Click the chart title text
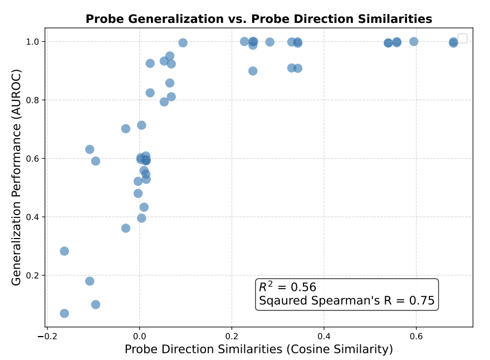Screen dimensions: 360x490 [258, 19]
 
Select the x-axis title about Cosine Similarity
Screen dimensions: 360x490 [258, 349]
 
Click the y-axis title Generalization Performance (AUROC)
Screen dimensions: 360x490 [17, 177]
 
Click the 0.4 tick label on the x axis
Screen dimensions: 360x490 [324, 337]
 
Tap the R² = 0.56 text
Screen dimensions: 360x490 [287, 288]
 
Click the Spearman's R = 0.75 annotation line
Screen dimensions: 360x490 [346, 301]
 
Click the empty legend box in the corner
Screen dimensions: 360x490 [462, 38]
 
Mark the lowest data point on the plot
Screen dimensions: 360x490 [65, 313]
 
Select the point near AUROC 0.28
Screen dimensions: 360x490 [65, 251]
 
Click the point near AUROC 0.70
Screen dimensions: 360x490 [126, 129]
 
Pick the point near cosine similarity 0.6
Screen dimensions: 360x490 [414, 42]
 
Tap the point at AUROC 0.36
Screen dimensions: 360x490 [126, 228]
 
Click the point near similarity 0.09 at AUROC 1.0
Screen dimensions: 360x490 [183, 43]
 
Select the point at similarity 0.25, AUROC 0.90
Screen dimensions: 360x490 [253, 71]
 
